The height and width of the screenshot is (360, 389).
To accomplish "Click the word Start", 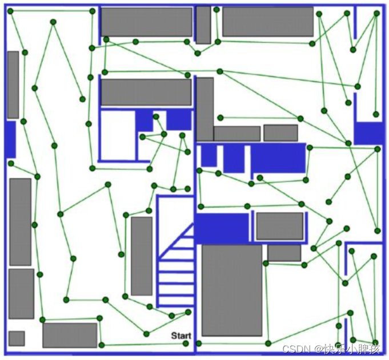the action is point(181,336).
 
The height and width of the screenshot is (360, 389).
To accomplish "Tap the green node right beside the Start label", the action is point(186,343).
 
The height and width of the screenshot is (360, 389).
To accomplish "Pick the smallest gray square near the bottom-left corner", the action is point(17,338).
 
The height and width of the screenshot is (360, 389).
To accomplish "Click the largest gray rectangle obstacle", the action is point(232,290).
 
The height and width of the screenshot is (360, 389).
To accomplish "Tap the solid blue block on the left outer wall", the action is point(10,139).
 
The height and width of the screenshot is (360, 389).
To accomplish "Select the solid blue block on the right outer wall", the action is point(368,133).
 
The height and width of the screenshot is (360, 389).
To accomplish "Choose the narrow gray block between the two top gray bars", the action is point(203,25).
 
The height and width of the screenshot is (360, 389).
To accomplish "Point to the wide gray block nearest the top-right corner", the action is point(267,22).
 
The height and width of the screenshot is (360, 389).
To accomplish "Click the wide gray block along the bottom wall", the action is point(70,335).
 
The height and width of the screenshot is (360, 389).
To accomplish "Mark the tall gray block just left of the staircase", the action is point(142,256).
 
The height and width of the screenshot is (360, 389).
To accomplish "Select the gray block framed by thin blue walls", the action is point(279,226).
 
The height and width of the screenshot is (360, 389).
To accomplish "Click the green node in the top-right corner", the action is point(376,12).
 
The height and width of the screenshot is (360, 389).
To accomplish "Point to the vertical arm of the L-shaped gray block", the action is point(204,108).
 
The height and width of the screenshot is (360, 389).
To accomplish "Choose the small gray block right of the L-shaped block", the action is point(280,133).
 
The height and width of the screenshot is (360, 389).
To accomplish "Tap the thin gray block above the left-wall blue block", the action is point(13,84).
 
